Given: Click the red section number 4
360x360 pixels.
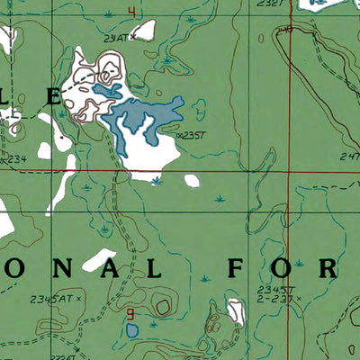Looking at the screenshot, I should click(131, 12).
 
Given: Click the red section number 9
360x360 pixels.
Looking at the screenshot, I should click(131, 314).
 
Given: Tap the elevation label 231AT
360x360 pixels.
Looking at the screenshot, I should click(115, 38).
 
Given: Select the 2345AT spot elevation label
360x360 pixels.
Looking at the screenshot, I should click(51, 297).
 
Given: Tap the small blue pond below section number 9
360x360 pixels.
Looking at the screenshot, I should click(133, 331).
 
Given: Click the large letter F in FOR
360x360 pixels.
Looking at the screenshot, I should click(236, 268).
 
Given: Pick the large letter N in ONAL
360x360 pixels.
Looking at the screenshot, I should click(66, 267).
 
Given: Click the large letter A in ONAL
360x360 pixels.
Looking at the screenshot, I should click(112, 267).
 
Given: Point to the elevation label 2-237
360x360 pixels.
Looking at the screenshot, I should click(272, 297).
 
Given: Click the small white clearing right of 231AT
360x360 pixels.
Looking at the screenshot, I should click(144, 30).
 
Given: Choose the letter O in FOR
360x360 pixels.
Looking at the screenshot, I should click(283, 268).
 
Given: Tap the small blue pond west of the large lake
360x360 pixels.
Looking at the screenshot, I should click(107, 91).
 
